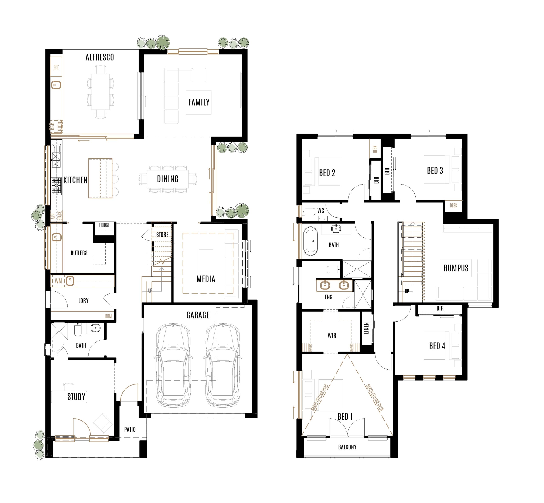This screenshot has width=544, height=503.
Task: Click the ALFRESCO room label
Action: click(x=99, y=57)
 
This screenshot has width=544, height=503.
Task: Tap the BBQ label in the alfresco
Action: click(x=56, y=67)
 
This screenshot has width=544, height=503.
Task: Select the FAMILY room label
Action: click(x=199, y=102)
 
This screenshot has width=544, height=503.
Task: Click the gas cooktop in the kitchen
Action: click(x=56, y=186)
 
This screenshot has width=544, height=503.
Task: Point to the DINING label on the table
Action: click(x=167, y=179)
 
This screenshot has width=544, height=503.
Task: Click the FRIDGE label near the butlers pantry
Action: click(x=104, y=225)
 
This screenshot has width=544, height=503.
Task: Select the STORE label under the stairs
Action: click(x=162, y=235)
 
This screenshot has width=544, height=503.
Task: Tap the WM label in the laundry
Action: click(x=58, y=281)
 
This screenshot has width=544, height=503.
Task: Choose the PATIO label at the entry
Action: click(x=130, y=429)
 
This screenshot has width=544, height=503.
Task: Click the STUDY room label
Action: click(x=76, y=397)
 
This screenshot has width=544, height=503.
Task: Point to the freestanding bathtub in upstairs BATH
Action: click(x=310, y=241)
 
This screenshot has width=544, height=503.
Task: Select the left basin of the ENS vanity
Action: click(x=325, y=285)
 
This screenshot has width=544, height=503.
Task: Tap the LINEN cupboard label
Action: click(x=366, y=328)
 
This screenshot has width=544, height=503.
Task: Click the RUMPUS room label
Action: click(x=456, y=268)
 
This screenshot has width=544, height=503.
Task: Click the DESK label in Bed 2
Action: click(x=375, y=149)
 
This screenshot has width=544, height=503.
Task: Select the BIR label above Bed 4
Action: click(x=440, y=308)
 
